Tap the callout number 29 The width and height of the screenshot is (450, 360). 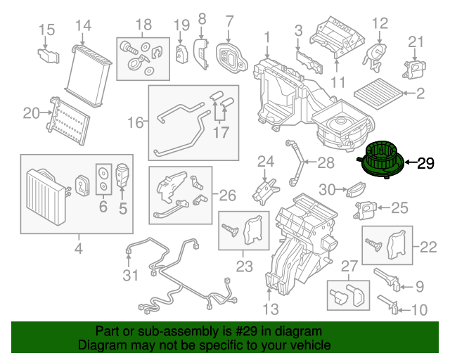coord(425,163)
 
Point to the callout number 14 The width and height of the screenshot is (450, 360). coord(83,25)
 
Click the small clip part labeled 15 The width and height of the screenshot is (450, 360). coord(49,56)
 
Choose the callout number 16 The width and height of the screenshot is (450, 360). coord(135,122)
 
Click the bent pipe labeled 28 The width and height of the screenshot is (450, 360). coord(295,162)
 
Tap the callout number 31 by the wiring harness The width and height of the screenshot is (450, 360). coord(131,276)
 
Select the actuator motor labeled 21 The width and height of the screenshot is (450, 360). coord(414,69)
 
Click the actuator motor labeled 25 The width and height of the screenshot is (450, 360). coord(366,209)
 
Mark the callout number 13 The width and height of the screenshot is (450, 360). coord(271,309)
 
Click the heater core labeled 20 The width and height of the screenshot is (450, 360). coord(68,121)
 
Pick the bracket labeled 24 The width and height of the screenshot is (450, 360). coord(265,191)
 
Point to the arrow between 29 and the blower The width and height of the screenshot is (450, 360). coord(411,162)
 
